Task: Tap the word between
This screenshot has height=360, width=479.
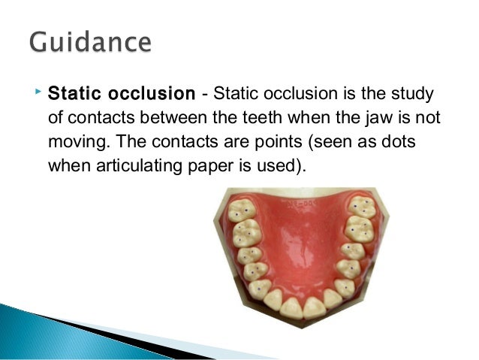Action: click(197, 119)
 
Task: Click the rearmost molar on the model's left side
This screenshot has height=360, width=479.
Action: click(241, 212)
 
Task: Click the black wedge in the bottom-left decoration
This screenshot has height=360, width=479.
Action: click(90, 331)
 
